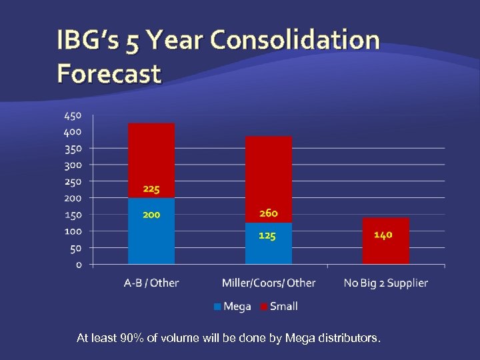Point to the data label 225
pos(151,189)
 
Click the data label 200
pos(151,215)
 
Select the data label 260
pos(268,213)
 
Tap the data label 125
pos(267,235)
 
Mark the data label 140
pos(383,235)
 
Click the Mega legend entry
pos(233,306)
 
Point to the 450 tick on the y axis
pos(73,115)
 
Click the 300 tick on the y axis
pos(73,165)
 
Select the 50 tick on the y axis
pos(75,248)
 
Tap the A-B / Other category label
pos(151,283)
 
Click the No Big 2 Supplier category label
pos(385,283)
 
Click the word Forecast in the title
pos(109,73)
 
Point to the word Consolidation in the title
pos(295,40)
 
